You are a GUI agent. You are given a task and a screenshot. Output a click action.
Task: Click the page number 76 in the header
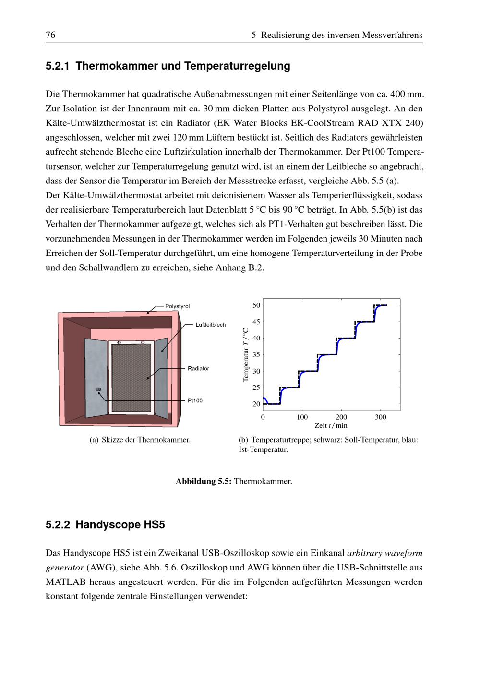[50, 35]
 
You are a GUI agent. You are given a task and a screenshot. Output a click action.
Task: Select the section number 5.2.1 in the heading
[58, 66]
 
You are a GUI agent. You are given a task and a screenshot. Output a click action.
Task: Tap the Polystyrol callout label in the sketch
[177, 306]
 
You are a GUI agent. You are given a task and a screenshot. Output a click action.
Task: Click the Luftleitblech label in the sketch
[210, 325]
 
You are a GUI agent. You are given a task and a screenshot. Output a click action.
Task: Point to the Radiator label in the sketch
[198, 369]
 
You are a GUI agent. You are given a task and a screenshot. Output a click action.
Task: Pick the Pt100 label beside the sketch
[195, 400]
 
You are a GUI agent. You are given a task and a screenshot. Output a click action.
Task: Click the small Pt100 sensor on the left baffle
[98, 389]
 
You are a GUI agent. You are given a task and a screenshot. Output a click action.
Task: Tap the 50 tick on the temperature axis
[256, 305]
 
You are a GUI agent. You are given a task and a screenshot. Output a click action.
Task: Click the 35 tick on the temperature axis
[256, 355]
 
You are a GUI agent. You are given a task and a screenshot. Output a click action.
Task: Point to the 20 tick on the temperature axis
[256, 404]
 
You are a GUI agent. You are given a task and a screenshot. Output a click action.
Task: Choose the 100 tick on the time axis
[302, 417]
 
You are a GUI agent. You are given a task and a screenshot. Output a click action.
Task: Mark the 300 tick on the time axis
[381, 417]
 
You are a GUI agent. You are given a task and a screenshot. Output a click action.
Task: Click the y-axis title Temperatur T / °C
[246, 355]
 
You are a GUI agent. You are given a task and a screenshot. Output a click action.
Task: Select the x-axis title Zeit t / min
[331, 426]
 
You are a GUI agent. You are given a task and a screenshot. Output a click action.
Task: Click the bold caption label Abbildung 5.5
[204, 481]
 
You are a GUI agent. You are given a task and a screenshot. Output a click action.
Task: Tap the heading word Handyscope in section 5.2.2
[104, 525]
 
